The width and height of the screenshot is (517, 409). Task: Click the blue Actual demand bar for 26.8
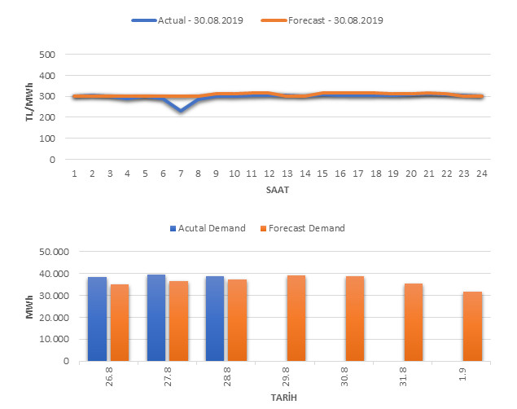[x=97, y=319]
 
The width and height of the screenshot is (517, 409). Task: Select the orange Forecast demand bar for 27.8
[x=178, y=321]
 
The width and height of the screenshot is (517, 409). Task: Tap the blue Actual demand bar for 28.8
[x=215, y=319]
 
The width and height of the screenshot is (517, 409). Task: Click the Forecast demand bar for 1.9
[x=472, y=326]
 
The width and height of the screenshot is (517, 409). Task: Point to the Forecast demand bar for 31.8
[x=414, y=322]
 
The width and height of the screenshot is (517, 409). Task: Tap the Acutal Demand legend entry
[x=208, y=228]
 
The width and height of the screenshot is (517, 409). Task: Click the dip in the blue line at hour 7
[x=181, y=111]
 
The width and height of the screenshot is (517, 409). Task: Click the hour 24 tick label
[x=481, y=174]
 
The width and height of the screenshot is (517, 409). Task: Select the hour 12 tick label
[x=269, y=174]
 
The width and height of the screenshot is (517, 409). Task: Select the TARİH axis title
[x=284, y=398]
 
